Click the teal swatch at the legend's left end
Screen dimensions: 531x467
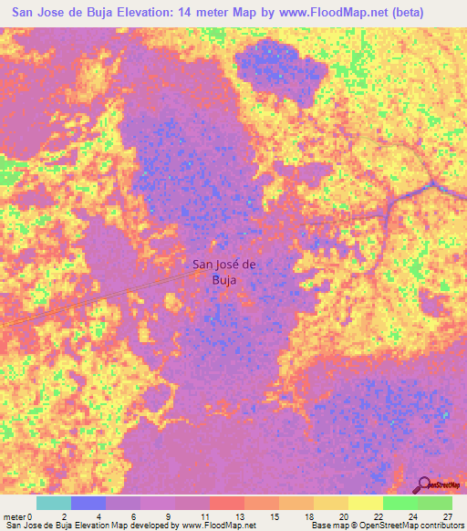pos(54,503)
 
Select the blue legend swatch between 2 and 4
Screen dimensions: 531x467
pos(88,503)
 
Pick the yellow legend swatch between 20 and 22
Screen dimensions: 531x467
pos(365,503)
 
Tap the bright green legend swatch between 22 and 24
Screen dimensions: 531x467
pos(400,503)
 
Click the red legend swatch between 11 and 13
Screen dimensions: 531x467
pos(227,503)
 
